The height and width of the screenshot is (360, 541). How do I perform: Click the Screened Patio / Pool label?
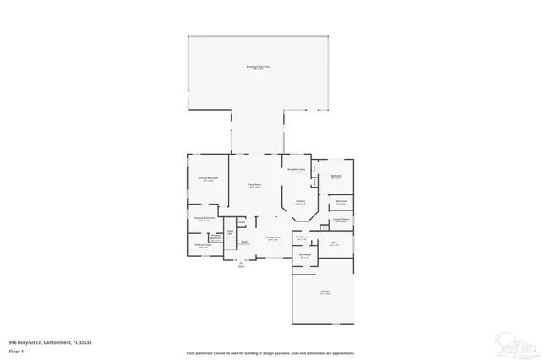click(259, 66)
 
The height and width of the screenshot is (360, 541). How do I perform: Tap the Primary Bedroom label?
click(208, 179)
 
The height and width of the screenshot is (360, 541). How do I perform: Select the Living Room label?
click(254, 184)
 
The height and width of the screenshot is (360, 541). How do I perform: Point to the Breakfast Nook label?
click(296, 170)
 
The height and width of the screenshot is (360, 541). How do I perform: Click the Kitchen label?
click(300, 201)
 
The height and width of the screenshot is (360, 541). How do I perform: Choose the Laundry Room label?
click(342, 220)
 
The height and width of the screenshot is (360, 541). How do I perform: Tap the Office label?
click(334, 243)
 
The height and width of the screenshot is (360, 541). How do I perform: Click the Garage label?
click(325, 292)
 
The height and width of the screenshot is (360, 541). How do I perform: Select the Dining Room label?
click(273, 239)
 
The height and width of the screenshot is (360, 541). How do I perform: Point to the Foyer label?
click(243, 243)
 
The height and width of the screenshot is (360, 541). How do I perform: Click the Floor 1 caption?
click(16, 349)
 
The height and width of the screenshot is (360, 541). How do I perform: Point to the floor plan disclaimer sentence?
click(270, 352)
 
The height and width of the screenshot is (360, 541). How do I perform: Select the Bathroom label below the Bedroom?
click(341, 202)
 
